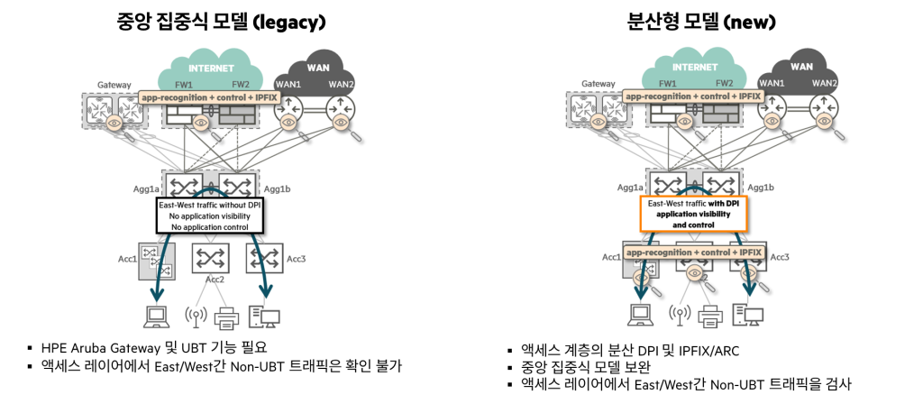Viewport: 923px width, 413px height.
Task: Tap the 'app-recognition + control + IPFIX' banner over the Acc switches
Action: click(x=692, y=253)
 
